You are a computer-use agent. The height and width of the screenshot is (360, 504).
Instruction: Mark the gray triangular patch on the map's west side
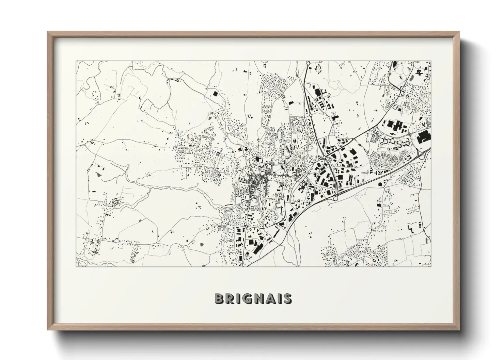coord(99,174)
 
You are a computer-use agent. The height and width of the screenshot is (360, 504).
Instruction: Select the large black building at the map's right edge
coord(424,137)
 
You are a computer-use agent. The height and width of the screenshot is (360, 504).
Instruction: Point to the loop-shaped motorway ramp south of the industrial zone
coord(334,197)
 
